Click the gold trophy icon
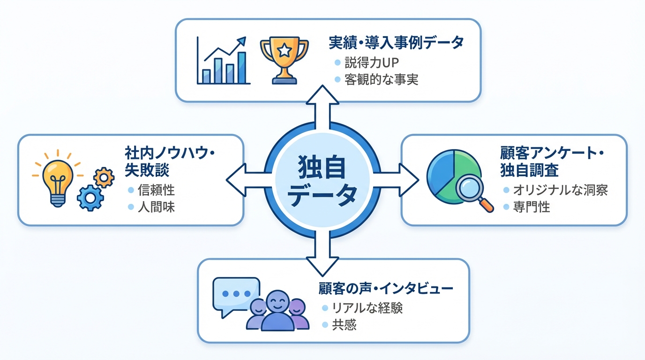(285, 60)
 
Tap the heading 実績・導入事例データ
(396, 43)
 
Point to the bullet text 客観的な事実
(381, 80)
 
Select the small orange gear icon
(104, 178)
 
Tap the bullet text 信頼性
(157, 190)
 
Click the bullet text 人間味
(157, 207)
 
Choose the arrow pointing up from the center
(321, 105)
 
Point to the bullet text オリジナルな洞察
(560, 190)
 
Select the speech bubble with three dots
(236, 293)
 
